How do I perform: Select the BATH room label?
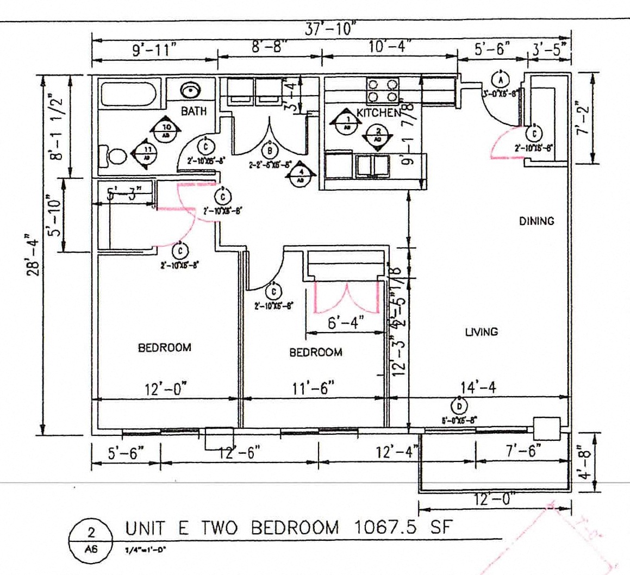(194, 111)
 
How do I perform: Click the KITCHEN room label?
(378, 113)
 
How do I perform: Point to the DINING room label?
(536, 221)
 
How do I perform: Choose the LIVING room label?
(481, 332)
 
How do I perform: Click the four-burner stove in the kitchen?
(383, 91)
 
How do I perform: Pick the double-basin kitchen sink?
(372, 166)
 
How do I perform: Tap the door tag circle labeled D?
(459, 406)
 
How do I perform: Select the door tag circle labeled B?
(269, 150)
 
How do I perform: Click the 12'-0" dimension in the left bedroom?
(166, 389)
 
